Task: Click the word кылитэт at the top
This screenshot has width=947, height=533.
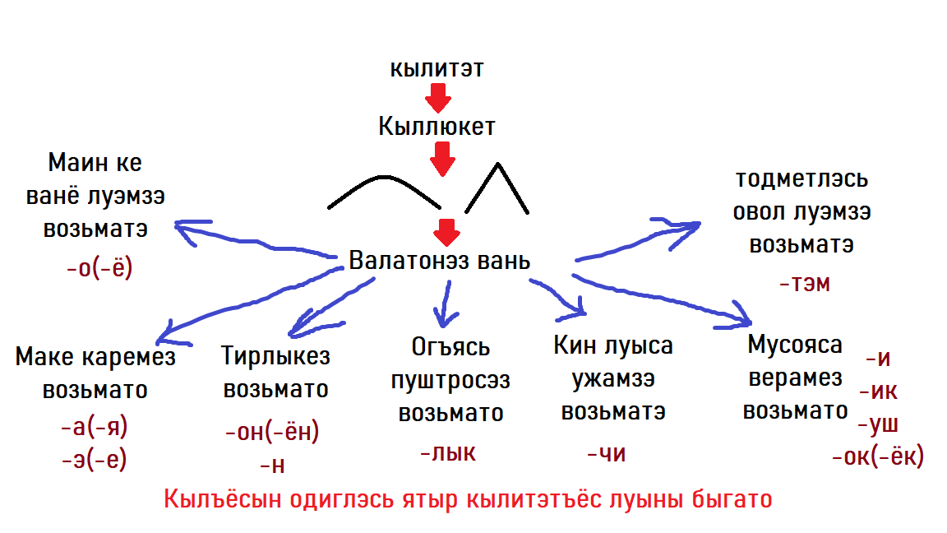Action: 437,68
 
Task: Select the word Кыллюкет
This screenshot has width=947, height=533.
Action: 437,127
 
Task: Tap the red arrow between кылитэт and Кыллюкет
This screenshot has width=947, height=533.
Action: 438,97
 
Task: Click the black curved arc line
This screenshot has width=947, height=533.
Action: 383,178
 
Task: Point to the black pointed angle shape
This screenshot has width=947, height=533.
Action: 497,165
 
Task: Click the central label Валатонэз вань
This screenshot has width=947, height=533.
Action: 440,261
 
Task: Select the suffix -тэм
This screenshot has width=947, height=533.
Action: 805,283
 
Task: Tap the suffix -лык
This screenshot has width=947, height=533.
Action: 448,452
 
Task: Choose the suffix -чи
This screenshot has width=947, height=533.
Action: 607,453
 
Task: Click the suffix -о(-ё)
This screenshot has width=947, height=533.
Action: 99,267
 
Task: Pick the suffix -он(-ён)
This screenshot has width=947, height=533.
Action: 272,432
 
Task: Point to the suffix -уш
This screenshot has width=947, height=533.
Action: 878,424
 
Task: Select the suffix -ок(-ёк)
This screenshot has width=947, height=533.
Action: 878,457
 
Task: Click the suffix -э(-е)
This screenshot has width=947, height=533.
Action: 95,460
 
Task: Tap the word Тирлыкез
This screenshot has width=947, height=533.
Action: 275,356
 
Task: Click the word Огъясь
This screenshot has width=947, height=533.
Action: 450,347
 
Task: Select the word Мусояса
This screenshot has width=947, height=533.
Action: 795,345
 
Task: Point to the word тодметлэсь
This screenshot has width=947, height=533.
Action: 801,178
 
